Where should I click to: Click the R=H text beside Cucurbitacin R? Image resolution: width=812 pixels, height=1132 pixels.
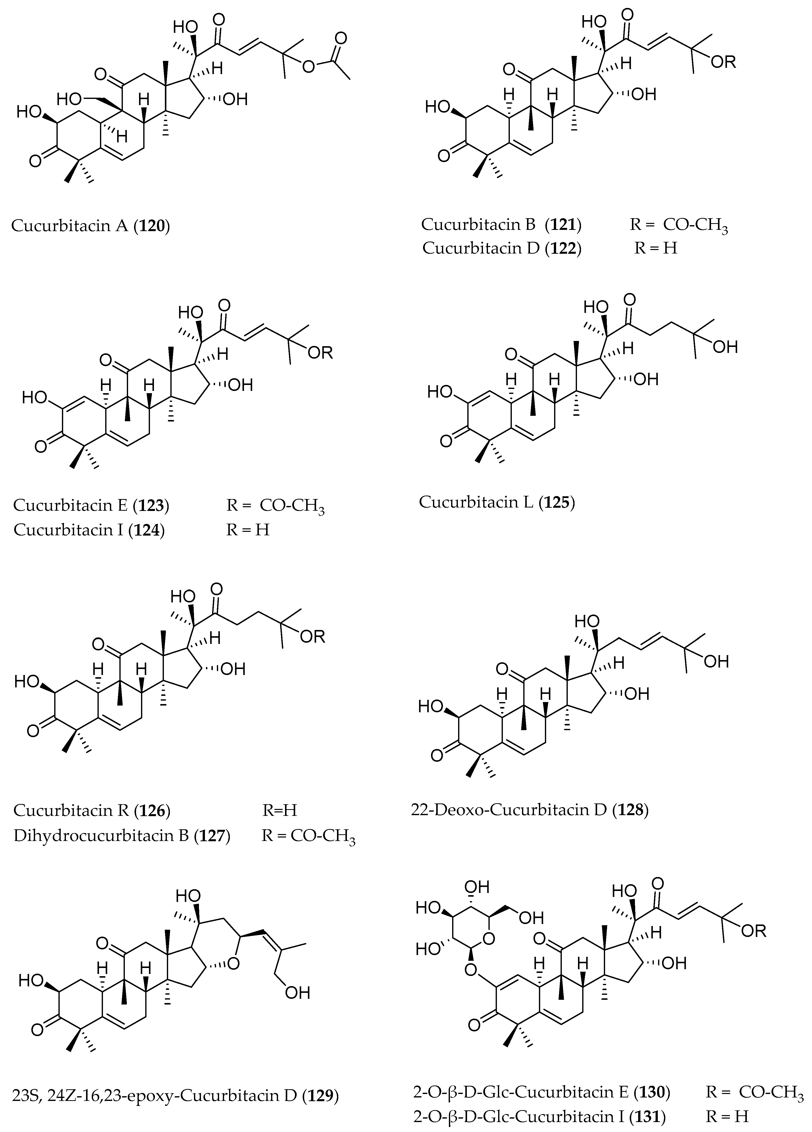coord(280,810)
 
